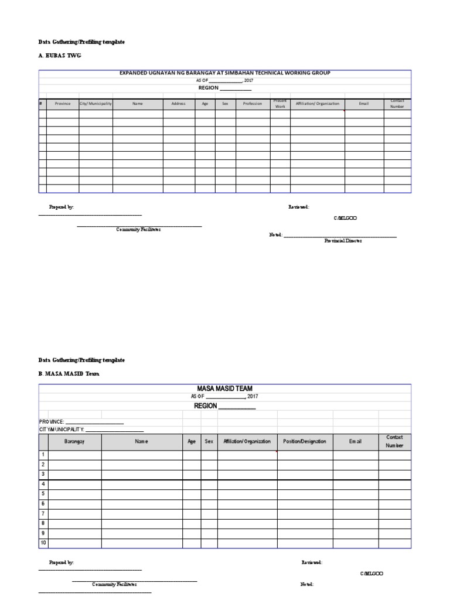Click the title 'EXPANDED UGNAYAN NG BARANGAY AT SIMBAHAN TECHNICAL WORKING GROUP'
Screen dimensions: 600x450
pos(225,73)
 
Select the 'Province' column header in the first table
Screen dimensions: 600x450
pos(63,104)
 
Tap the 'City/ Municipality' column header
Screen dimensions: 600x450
pos(96,104)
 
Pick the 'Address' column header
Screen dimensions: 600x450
pos(179,104)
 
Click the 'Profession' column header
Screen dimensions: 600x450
pos(253,104)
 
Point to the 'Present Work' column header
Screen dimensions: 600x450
pos(280,104)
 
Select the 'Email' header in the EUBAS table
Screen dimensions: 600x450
pos(364,104)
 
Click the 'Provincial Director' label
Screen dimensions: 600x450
pos(343,241)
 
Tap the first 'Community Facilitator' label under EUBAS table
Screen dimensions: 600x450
pos(138,230)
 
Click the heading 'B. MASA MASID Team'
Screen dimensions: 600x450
pos(66,373)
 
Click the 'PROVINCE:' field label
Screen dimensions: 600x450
pos(52,422)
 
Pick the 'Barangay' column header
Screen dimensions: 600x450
pos(74,441)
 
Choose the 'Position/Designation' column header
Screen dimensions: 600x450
pos(305,441)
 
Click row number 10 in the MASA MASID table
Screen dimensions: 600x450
pos(43,543)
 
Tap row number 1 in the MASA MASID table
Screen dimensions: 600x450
pos(43,455)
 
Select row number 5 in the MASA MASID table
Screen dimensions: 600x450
pos(43,493)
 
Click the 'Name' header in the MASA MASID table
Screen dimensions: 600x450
pos(141,441)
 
